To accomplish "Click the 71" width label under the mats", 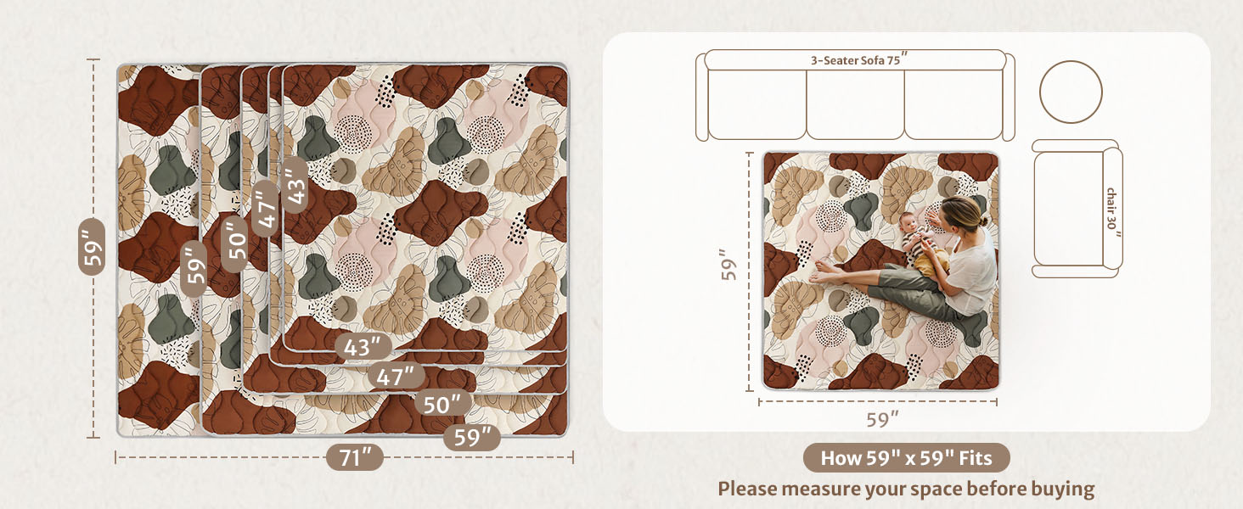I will point(355,458).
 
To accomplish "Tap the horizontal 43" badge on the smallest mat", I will point(363,346).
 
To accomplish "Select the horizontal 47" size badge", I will point(397,375).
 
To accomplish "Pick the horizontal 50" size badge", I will point(442,405).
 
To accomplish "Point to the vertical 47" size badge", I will point(265,208).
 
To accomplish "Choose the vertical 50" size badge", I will point(237,238).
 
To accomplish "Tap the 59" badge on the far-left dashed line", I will point(92,246).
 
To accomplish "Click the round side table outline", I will point(1071,92).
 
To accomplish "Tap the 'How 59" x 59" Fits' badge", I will point(906,458).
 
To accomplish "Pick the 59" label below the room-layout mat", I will point(882,419).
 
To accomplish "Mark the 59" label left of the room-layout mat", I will point(727,265).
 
